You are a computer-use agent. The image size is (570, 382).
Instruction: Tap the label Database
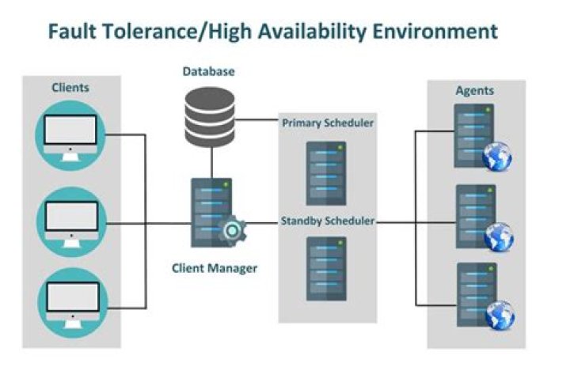(x=209, y=71)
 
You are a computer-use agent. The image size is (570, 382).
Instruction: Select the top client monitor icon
(x=71, y=134)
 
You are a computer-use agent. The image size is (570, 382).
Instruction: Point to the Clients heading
(x=70, y=87)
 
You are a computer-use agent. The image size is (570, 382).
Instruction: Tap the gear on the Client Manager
(x=233, y=231)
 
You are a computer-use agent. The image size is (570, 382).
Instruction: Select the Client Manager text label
(x=214, y=268)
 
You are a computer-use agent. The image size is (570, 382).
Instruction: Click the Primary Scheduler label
(x=327, y=123)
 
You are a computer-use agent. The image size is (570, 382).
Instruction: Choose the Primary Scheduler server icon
(x=326, y=171)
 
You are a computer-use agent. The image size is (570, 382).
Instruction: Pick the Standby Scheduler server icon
(x=326, y=268)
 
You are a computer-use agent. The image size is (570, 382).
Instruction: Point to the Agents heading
(x=474, y=90)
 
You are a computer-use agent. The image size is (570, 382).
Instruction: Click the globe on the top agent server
(x=497, y=157)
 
